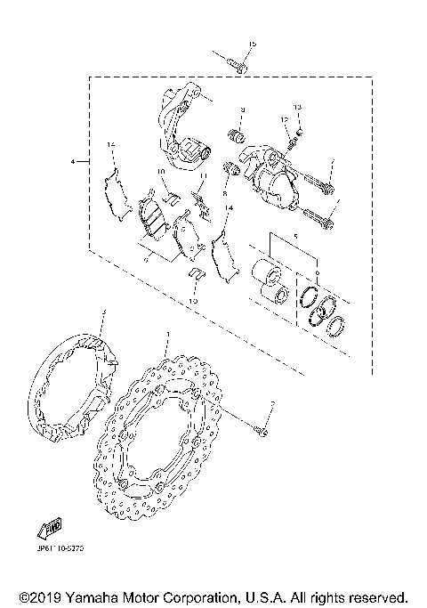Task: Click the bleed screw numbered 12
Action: point(288,141)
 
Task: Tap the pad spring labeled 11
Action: point(204,205)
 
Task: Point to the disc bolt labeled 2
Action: point(263,432)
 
